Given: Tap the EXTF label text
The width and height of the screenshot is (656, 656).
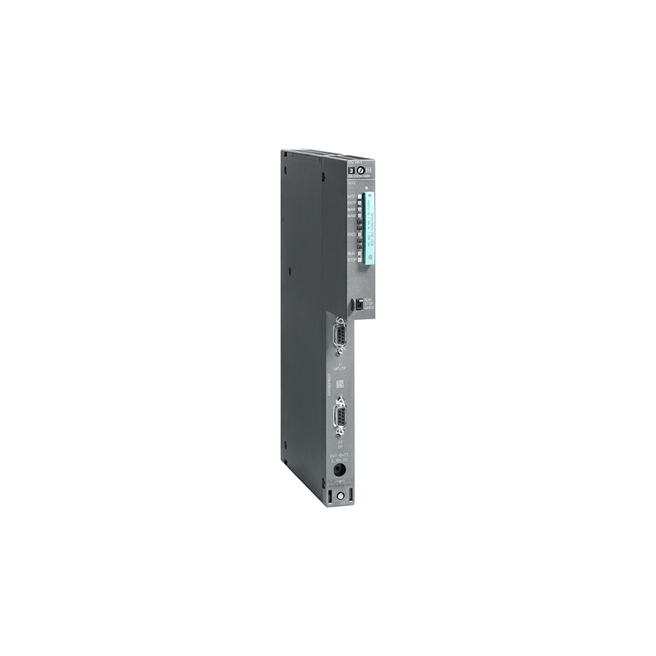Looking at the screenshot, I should [351, 203].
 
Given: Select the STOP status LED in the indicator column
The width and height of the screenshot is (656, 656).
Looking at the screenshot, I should [360, 260].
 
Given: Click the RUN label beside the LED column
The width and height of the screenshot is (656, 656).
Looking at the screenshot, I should [351, 253].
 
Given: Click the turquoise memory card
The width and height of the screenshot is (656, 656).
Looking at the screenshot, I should [369, 226].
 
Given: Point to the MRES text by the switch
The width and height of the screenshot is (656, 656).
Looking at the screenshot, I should [369, 308].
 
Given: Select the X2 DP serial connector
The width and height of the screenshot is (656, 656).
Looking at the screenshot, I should [340, 417].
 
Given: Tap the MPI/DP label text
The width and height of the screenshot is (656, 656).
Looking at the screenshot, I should [340, 369].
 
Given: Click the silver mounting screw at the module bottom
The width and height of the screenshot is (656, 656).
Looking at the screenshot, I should [340, 497].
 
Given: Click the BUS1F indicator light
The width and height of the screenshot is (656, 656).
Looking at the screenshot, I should [360, 209].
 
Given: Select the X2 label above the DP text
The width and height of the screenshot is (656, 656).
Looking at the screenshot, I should [340, 442].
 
